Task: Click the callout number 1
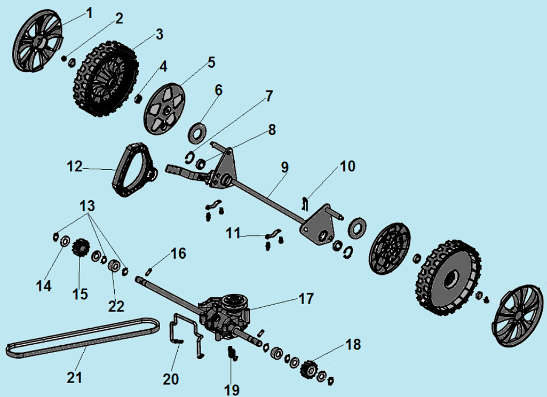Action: tap(89, 12)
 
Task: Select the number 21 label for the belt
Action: tap(75, 378)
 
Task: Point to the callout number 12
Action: tap(75, 166)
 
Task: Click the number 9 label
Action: tap(284, 167)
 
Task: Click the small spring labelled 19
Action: tap(232, 354)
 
